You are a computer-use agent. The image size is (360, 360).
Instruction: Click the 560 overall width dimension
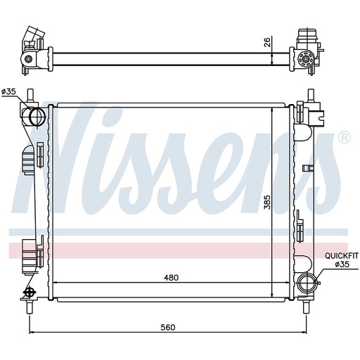click(x=168, y=327)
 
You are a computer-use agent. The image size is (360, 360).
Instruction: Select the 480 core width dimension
click(x=171, y=278)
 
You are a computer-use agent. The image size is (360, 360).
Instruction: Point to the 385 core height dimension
click(x=267, y=202)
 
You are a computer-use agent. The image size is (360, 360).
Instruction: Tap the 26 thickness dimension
click(x=268, y=42)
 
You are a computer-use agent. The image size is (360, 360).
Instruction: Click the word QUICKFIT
click(x=342, y=255)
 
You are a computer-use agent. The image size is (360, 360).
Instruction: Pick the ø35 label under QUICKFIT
click(x=342, y=264)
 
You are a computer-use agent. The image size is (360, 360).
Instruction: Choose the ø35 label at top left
click(x=8, y=91)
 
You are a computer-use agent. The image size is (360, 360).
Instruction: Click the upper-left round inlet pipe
click(x=37, y=116)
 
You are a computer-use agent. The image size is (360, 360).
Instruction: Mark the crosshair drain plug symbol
click(x=30, y=292)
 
